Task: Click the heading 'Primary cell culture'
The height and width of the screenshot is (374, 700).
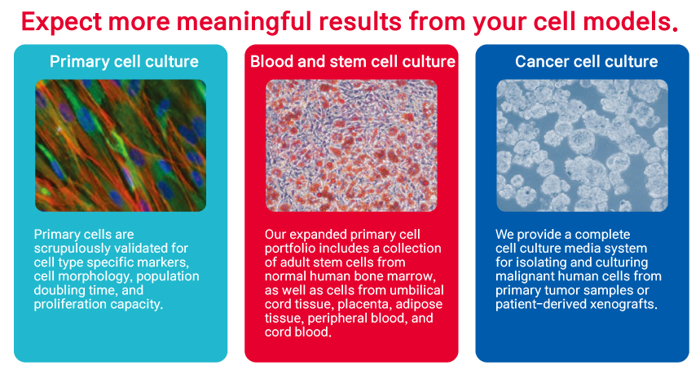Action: click(124, 62)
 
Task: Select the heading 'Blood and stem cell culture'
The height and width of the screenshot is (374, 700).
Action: click(353, 62)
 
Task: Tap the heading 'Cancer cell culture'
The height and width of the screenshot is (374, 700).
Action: click(586, 62)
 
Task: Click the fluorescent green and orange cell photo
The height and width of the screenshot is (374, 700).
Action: click(121, 146)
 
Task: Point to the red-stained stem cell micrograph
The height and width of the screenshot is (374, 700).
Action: click(351, 146)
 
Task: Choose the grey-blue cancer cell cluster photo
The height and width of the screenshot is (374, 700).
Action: click(582, 146)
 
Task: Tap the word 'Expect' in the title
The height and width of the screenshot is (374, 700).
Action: click(62, 22)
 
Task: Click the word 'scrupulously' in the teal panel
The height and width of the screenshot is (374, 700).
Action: click(73, 249)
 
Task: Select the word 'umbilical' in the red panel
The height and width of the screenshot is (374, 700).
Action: click(416, 290)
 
